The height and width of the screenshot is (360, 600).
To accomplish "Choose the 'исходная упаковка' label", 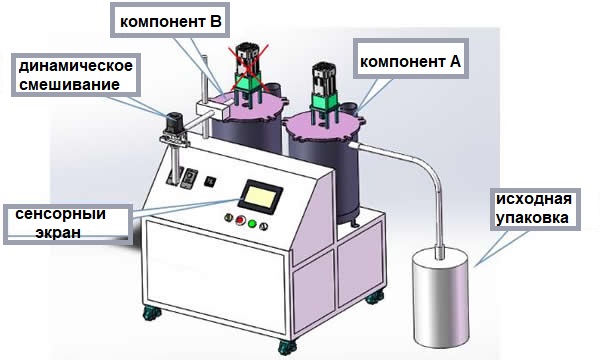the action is [535, 209].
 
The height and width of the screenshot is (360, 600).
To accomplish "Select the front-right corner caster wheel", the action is [289, 347].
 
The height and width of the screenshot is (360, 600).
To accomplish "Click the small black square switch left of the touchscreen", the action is [211, 181].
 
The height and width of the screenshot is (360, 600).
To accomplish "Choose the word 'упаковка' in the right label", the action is [535, 218].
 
